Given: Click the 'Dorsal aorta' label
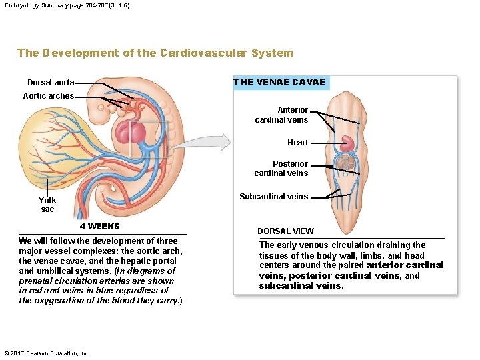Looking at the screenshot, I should pos(51,83).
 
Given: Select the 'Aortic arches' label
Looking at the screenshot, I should pos(48,96).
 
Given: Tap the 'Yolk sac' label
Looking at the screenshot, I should pos(47,205).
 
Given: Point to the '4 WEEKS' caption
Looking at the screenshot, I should pos(99,227).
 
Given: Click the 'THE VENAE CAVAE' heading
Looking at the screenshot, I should pos(279,83).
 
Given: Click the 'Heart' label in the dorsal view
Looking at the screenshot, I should pos(297,142).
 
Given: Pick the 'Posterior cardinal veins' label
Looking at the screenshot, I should pos(281,168).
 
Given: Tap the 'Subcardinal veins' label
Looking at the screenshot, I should pos(273,196).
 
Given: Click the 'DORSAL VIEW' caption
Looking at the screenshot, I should pos(285,231).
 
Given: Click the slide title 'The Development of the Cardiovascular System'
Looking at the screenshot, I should pos(155,53).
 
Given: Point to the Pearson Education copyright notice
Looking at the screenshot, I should pos(46,353).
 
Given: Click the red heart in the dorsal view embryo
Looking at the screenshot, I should pos(349,143).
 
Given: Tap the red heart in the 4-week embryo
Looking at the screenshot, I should pos(130,133).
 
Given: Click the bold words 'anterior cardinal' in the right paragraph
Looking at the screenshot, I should pos(405,265).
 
